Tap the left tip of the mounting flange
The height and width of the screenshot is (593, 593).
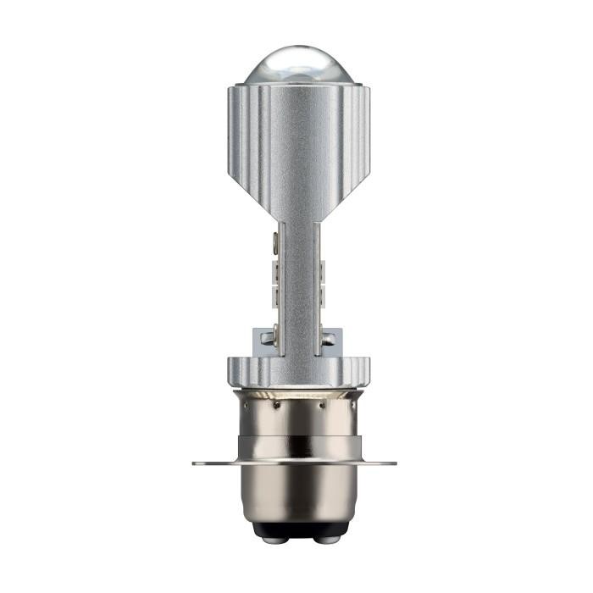197,463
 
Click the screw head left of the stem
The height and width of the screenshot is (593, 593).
268,338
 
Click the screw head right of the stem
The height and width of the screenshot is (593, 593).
325,338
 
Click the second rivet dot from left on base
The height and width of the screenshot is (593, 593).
277,406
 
